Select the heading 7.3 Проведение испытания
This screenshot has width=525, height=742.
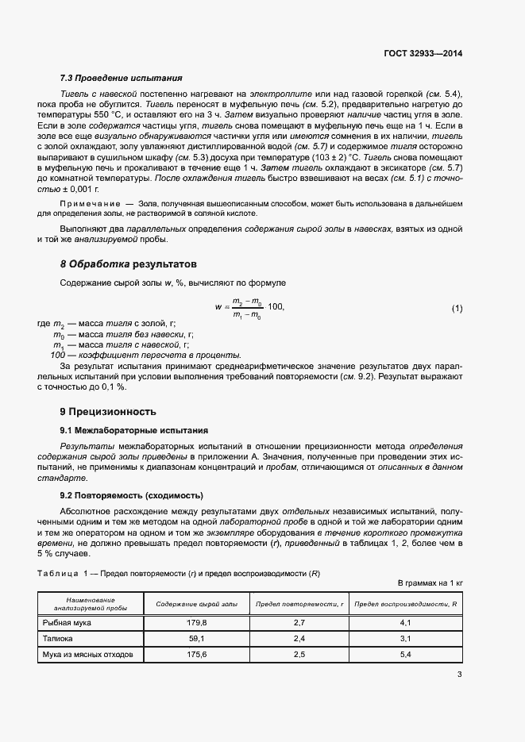(122, 79)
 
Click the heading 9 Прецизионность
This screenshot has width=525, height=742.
(108, 411)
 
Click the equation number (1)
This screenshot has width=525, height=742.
(457, 308)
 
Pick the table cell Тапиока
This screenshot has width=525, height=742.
(57, 639)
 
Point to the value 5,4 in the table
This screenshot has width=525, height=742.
(405, 655)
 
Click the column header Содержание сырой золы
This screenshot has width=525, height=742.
(195, 605)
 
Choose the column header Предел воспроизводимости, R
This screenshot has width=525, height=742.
(405, 605)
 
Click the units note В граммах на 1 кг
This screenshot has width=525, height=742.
(430, 583)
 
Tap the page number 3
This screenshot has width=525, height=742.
(460, 675)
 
